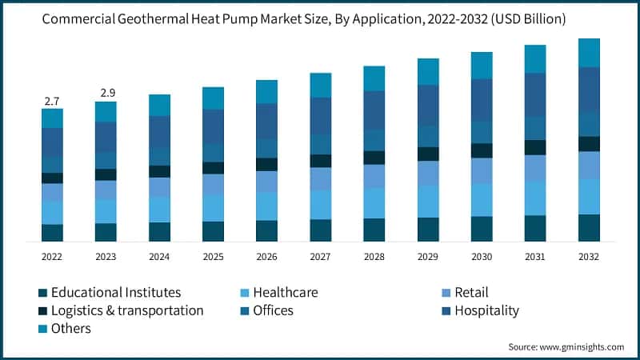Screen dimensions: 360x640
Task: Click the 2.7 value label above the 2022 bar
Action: pos(52,101)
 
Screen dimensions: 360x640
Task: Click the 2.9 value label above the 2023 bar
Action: pos(106,94)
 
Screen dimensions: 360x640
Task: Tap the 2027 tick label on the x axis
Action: pos(320,256)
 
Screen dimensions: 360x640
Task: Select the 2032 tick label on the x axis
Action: pos(589,256)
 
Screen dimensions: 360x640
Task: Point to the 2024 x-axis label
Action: pos(159,256)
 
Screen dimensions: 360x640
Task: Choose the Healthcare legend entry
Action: pos(285,292)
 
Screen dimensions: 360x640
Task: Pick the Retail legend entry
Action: pos(470,292)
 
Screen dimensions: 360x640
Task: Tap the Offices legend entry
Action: pos(273,310)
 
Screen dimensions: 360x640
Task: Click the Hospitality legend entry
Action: pos(486,310)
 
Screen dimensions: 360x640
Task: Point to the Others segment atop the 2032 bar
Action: pos(589,52)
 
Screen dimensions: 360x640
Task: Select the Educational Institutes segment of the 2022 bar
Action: pos(52,233)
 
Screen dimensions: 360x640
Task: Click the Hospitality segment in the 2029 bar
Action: pos(428,105)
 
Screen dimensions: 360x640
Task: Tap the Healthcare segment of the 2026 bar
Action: pos(266,206)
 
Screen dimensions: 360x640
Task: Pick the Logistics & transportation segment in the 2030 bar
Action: pos(482,150)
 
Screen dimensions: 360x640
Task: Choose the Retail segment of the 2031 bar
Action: pos(535,168)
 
